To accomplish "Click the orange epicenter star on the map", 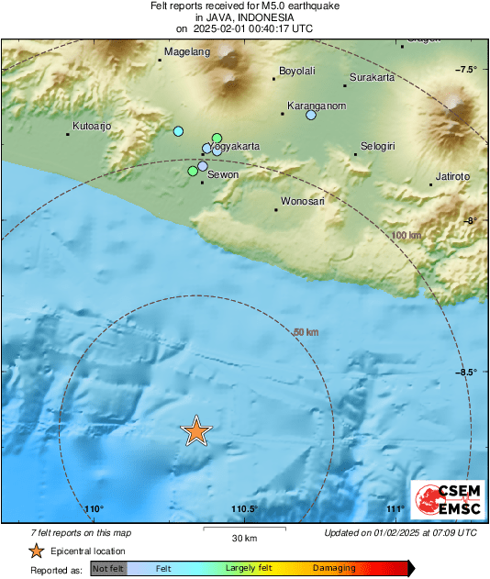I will coord(195,430).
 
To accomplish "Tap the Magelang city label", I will coord(186,52).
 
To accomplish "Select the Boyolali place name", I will coord(296,72).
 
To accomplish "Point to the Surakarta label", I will coord(372,78).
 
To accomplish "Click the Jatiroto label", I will coord(453,176).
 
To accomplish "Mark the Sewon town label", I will coord(223,174).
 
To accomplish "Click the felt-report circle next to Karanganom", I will coord(311,116).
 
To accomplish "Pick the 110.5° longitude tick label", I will coord(243,509).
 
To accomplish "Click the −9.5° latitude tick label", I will coord(467,372).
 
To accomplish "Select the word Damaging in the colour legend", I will coord(334,568).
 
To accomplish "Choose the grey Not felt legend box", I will coord(109,568).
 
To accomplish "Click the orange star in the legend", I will coord(35,551).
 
